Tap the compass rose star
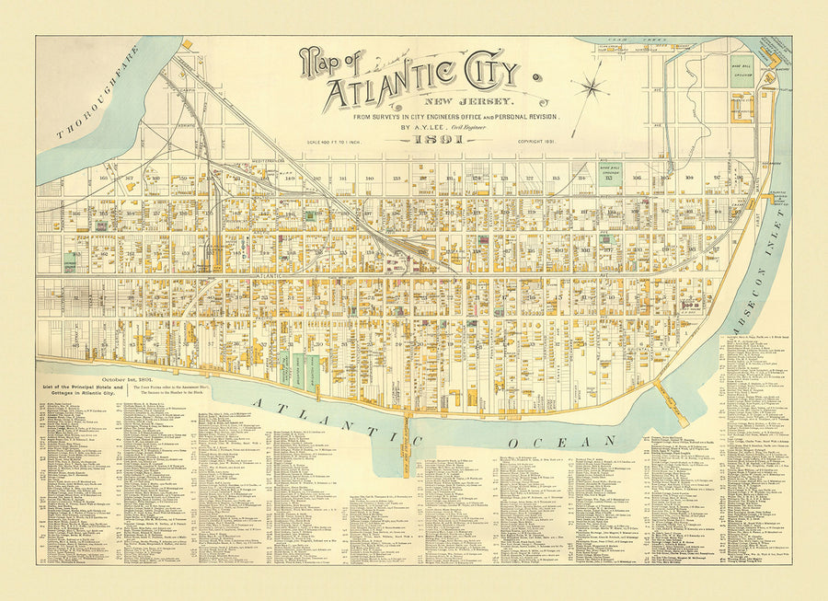[x=590, y=88]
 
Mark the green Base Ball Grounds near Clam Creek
[x=742, y=71]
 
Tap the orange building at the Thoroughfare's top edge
[x=187, y=43]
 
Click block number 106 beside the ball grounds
[x=636, y=178]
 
